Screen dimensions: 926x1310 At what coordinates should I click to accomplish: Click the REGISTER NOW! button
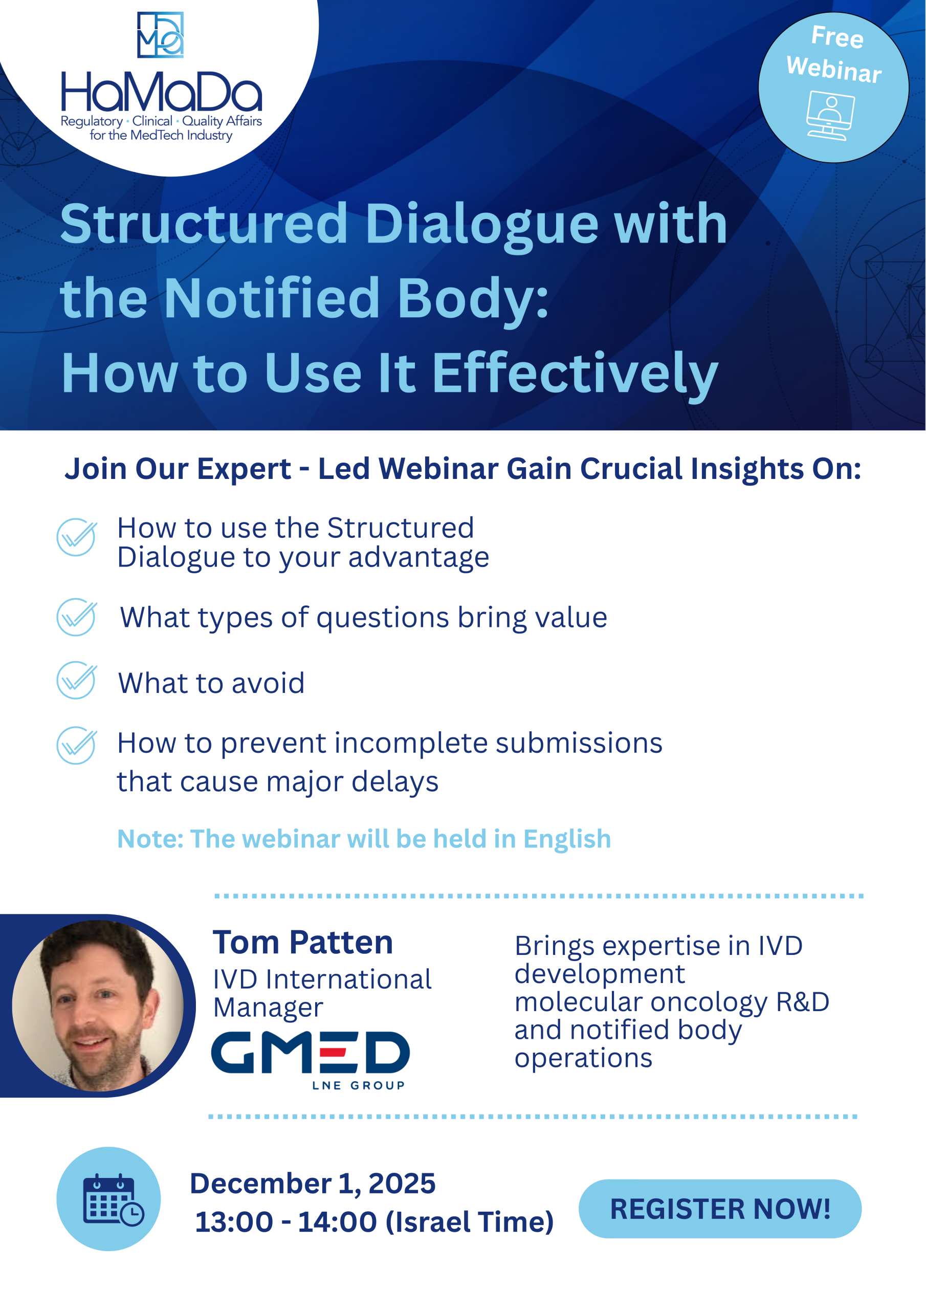click(719, 1209)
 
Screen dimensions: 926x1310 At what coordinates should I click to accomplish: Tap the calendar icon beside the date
click(113, 1200)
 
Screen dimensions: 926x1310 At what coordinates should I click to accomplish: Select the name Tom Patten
click(303, 942)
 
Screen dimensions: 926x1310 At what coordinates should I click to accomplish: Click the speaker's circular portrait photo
click(98, 1006)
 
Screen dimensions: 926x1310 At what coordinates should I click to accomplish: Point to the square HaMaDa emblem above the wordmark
click(160, 35)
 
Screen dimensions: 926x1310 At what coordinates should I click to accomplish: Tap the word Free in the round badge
click(837, 37)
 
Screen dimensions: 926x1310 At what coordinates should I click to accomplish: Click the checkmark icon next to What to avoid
click(76, 680)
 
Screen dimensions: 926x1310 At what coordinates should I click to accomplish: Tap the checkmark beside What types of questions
click(76, 617)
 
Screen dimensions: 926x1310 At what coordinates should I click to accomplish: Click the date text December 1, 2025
click(313, 1183)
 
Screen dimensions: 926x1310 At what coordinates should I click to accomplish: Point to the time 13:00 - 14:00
click(285, 1222)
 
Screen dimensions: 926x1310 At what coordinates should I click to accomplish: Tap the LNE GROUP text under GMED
click(358, 1085)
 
